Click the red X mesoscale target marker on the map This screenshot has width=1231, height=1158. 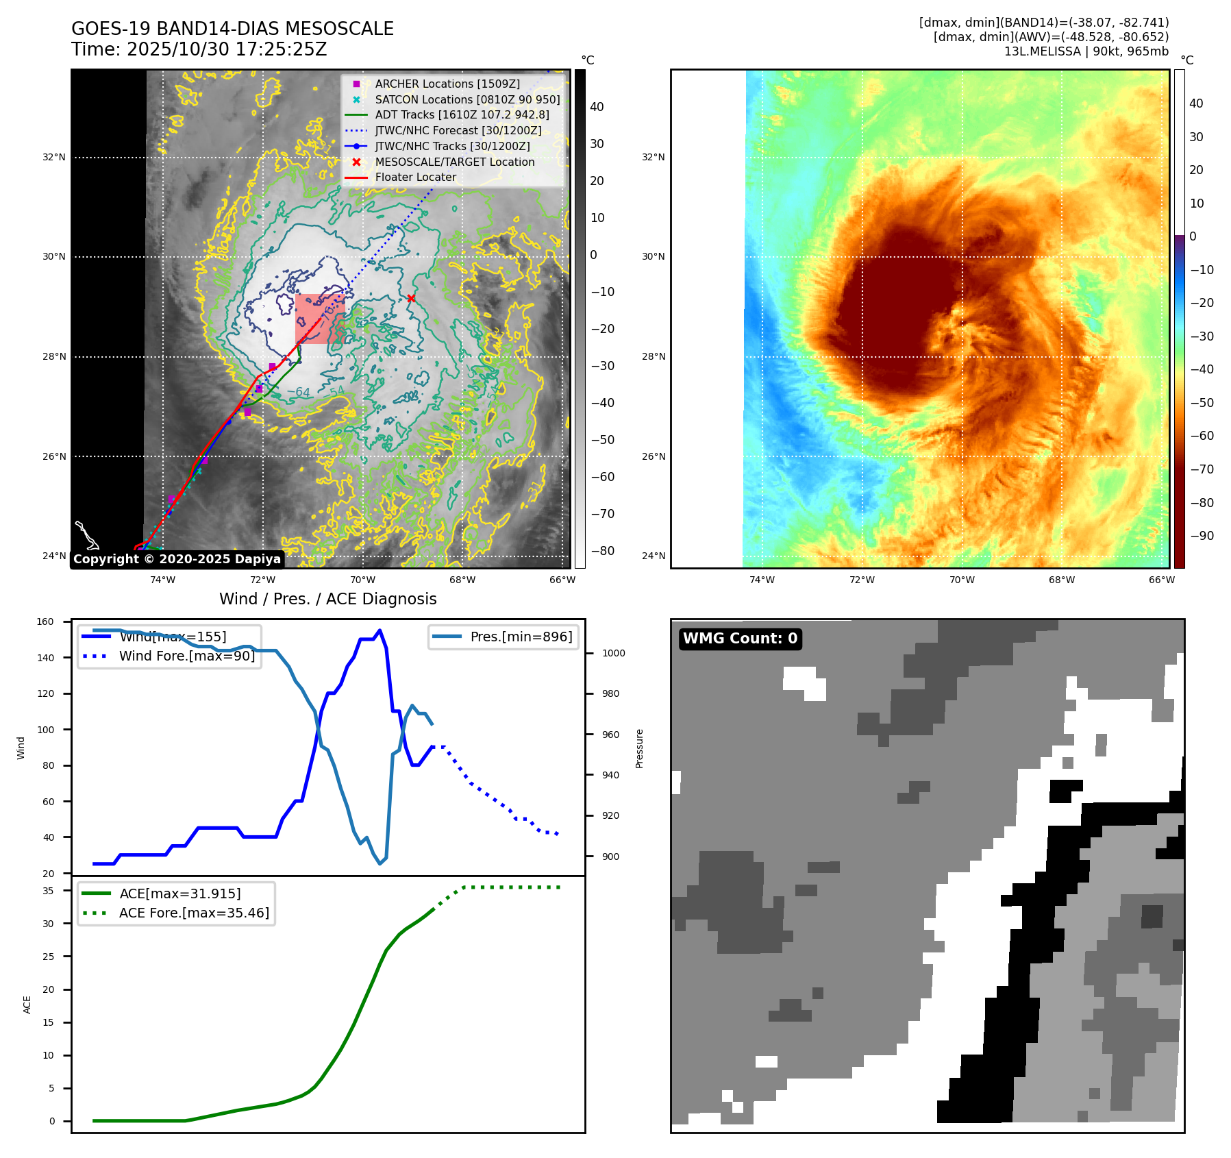pyautogui.click(x=411, y=298)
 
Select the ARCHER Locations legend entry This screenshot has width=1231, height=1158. pyautogui.click(x=447, y=84)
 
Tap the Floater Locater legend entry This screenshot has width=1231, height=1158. pyautogui.click(x=415, y=177)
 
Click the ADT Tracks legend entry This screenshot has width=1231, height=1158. pyautogui.click(x=462, y=114)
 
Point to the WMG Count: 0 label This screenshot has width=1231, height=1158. pyautogui.click(x=740, y=639)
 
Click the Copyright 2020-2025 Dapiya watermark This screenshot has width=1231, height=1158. pyautogui.click(x=177, y=559)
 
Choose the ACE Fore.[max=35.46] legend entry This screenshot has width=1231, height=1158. pyautogui.click(x=194, y=913)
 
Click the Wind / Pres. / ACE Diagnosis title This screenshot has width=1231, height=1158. pyautogui.click(x=327, y=599)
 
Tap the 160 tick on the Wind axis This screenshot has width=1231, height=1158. pyautogui.click(x=45, y=622)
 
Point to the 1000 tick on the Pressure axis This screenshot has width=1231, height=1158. pyautogui.click(x=613, y=653)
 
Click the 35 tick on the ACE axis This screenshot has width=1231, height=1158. pyautogui.click(x=48, y=891)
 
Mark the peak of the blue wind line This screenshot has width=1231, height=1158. pyautogui.click(x=380, y=630)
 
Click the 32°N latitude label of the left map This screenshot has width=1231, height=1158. pyautogui.click(x=54, y=157)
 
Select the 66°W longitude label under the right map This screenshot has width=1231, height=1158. pyautogui.click(x=1162, y=580)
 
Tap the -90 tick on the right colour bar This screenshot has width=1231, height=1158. pyautogui.click(x=1202, y=536)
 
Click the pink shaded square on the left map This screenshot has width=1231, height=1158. pyautogui.click(x=319, y=319)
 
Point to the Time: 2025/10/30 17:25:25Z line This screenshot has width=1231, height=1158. pyautogui.click(x=199, y=49)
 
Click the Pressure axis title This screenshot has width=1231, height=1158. pyautogui.click(x=639, y=748)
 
